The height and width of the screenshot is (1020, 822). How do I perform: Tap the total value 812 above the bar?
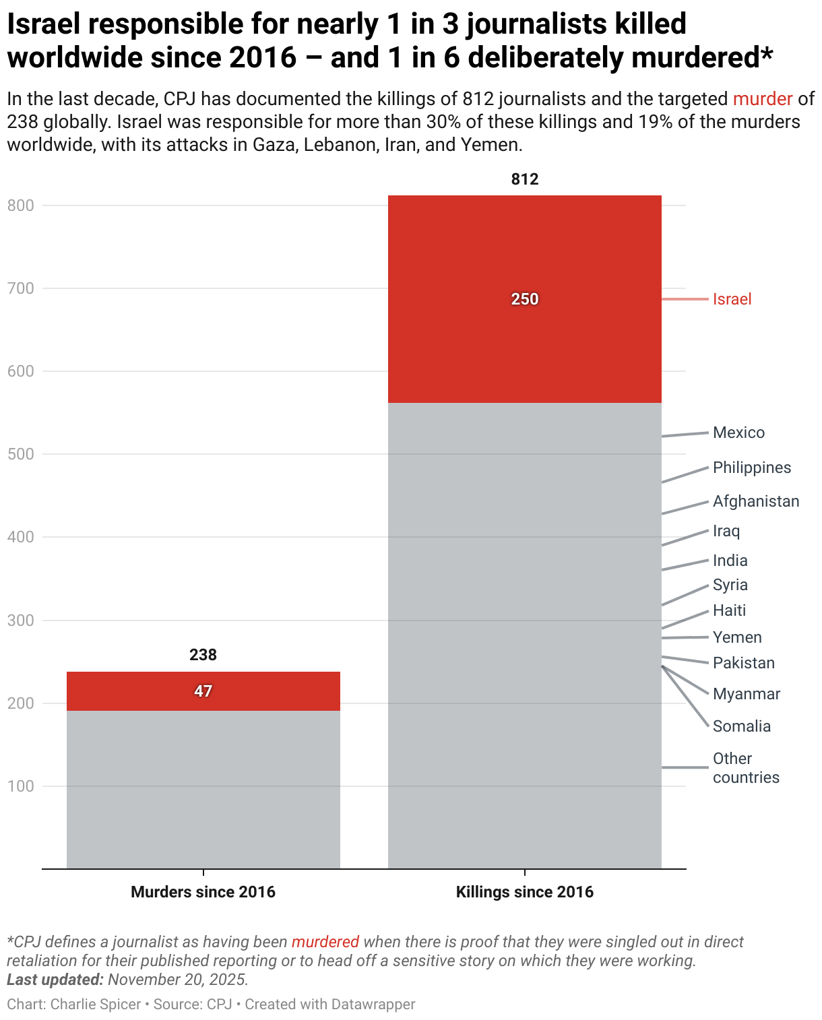tap(524, 179)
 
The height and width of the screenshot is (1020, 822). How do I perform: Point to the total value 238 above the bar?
tap(203, 655)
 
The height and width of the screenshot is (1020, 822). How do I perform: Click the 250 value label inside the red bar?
tap(524, 299)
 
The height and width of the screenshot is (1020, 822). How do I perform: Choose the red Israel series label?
tap(732, 299)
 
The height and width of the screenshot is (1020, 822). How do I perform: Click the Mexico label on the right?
tap(738, 433)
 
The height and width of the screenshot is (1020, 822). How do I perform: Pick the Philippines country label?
tap(751, 468)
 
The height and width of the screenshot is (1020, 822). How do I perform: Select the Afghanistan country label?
tap(755, 501)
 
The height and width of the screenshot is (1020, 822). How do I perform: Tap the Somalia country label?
tap(741, 726)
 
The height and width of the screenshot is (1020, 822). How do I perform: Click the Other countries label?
tap(745, 768)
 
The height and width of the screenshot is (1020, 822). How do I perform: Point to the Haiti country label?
tap(729, 610)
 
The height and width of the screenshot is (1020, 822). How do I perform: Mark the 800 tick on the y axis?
tap(20, 205)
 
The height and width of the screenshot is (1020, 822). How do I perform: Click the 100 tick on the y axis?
tap(20, 786)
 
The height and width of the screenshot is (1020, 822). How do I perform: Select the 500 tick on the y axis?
tap(20, 454)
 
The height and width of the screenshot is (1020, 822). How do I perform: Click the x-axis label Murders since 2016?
tap(203, 892)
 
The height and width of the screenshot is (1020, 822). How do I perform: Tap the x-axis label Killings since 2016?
tap(524, 892)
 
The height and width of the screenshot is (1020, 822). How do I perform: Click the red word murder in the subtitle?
tap(762, 99)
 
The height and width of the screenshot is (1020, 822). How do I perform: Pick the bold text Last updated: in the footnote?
tap(55, 979)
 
